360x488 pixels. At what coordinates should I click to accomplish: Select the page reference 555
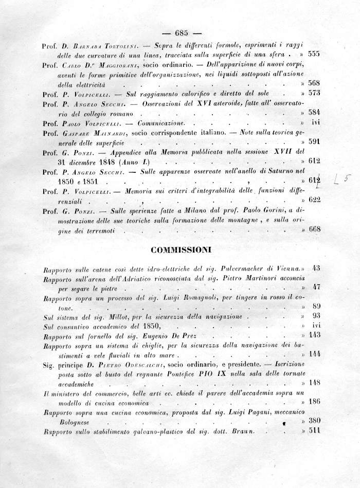point(314,53)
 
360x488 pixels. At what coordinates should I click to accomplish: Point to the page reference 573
point(314,93)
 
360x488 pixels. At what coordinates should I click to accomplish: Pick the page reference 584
point(314,113)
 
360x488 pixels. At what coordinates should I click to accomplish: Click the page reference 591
point(314,142)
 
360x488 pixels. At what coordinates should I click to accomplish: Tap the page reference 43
point(316,267)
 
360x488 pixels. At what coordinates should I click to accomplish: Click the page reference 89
point(316,306)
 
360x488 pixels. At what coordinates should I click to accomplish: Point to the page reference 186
point(314,401)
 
